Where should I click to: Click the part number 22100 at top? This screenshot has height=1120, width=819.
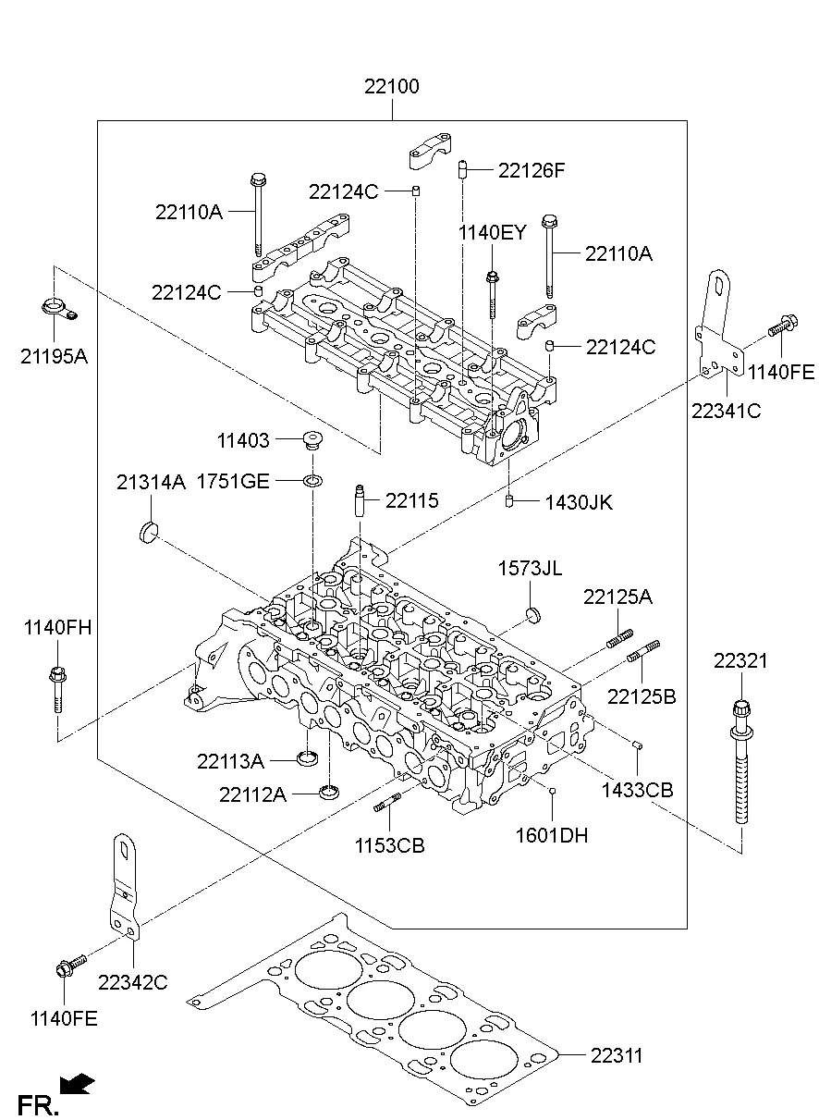(x=391, y=88)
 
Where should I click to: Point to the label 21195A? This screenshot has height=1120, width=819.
(x=54, y=355)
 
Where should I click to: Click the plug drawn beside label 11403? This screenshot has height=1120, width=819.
(x=312, y=440)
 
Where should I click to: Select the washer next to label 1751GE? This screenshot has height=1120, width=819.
(x=313, y=480)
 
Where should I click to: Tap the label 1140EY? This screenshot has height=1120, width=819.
(x=492, y=232)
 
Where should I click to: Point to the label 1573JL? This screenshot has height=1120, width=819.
(x=530, y=568)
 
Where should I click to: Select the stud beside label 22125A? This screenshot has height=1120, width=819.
(x=618, y=638)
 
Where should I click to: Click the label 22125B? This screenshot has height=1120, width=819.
(x=641, y=695)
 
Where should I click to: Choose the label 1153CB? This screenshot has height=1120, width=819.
(x=390, y=845)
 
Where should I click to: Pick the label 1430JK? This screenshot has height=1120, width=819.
(x=578, y=503)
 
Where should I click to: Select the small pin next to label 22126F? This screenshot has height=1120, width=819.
(x=459, y=169)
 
